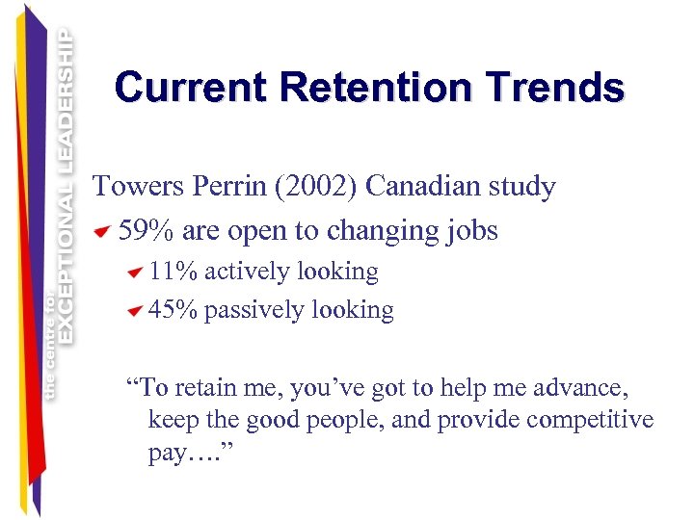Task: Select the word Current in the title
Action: pos(193,88)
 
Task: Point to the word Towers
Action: pos(135,186)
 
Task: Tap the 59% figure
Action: pos(146,231)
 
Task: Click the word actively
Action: pos(247,272)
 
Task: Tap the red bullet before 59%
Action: pos(103,232)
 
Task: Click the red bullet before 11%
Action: pos(135,273)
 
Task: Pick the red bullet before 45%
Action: pos(135,311)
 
